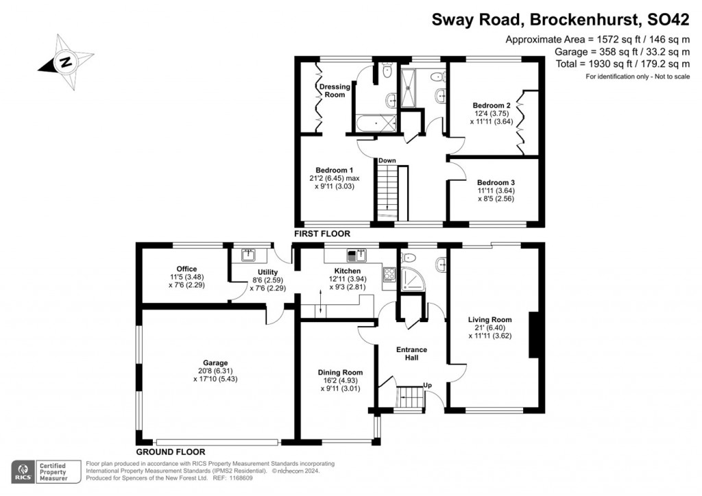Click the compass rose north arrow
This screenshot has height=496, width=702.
click(65, 62)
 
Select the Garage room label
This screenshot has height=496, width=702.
click(215, 363)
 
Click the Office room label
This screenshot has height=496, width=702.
click(186, 269)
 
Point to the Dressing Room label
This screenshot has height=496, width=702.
click(335, 90)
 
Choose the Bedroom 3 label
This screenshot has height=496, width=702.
click(496, 182)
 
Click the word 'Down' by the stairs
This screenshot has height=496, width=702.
click(387, 161)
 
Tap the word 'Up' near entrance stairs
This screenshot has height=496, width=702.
click(428, 385)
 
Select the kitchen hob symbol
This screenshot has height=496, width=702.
click(389, 275)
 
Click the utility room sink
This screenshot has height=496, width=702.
click(248, 256)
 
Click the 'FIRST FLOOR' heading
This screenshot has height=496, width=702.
click(323, 234)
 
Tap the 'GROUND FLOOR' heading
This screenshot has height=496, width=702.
click(171, 452)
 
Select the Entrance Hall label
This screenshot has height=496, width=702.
click(412, 354)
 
